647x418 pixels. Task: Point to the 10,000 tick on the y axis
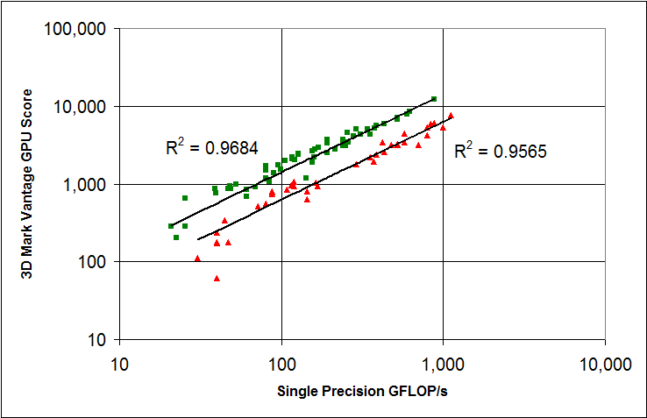tap(80, 107)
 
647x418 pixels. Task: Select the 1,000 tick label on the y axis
tap(84, 185)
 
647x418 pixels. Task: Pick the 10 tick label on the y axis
tap(96, 340)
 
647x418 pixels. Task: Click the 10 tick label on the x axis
tap(119, 363)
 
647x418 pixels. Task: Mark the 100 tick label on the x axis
tap(281, 363)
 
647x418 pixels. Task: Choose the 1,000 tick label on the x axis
tap(444, 363)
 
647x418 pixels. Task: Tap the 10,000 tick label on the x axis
tap(605, 363)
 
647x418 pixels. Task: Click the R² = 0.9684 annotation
tap(211, 147)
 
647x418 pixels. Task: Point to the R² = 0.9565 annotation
tap(501, 152)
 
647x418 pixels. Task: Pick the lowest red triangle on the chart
tap(217, 279)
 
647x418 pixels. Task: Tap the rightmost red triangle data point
tap(451, 116)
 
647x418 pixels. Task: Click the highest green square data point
tap(433, 99)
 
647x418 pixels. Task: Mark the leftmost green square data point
tap(171, 226)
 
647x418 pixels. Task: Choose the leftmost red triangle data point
tap(197, 259)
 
